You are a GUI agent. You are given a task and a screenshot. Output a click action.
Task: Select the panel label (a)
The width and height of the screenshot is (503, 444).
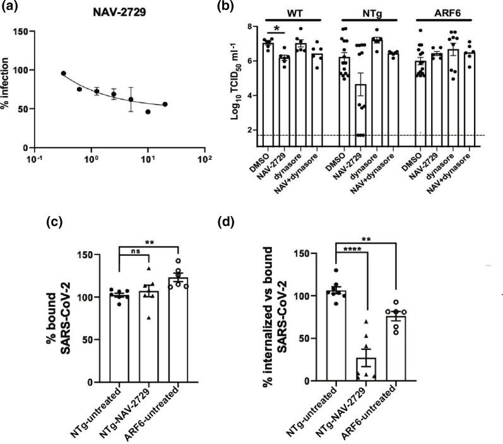click(12, 8)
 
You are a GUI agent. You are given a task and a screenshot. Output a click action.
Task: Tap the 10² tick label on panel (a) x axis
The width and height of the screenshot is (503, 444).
click(203, 159)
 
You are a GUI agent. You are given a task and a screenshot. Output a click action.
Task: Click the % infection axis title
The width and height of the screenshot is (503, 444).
click(12, 88)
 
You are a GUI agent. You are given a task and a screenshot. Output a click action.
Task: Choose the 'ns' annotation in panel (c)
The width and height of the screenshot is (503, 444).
click(135, 251)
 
